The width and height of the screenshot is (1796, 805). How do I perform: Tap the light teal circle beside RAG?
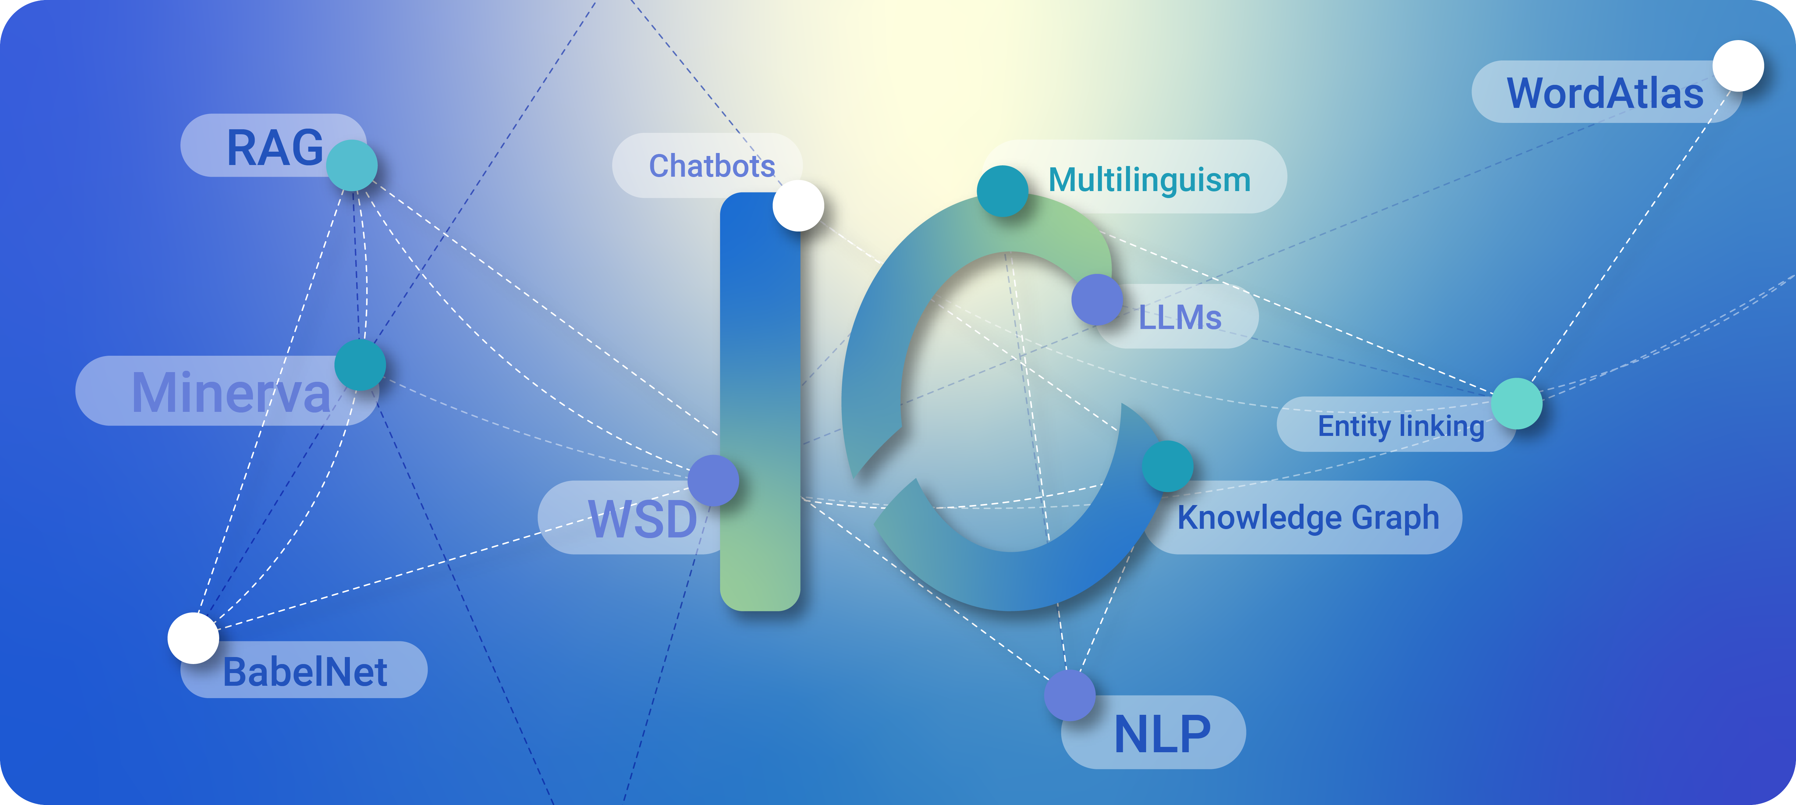(x=352, y=165)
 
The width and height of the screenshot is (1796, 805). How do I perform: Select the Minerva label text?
(x=230, y=392)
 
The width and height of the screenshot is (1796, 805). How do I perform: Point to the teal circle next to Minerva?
(x=360, y=364)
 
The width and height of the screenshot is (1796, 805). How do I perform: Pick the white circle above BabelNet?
(x=193, y=638)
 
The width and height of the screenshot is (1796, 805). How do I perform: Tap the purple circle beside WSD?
(x=712, y=480)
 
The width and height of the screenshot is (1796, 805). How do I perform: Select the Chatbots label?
(x=712, y=166)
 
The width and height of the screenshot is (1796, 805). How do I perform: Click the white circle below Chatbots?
(x=798, y=206)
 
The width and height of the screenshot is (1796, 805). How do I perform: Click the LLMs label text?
(x=1180, y=318)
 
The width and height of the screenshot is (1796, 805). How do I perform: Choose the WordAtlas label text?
(x=1605, y=94)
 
